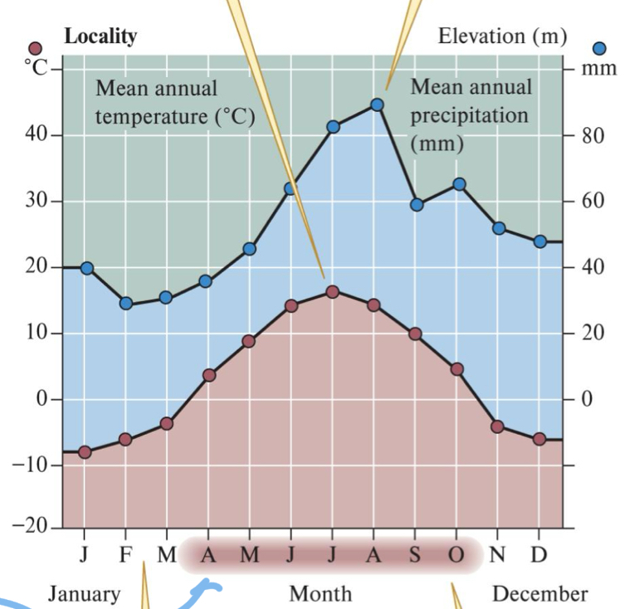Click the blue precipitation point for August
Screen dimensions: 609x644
point(377,105)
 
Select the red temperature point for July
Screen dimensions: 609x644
point(333,291)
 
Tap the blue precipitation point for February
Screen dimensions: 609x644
point(126,303)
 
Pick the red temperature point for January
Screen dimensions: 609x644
point(85,452)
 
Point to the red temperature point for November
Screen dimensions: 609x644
point(498,426)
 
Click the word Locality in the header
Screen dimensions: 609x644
point(100,36)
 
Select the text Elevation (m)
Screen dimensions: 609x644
point(502,36)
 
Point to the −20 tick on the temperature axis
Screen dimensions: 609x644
point(33,528)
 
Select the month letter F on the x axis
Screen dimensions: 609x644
point(126,554)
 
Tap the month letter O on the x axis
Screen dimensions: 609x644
point(456,554)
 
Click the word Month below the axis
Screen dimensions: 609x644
point(320,594)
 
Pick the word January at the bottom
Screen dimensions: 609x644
point(83,594)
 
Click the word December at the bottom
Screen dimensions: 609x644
point(539,594)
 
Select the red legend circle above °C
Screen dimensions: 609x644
point(35,49)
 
